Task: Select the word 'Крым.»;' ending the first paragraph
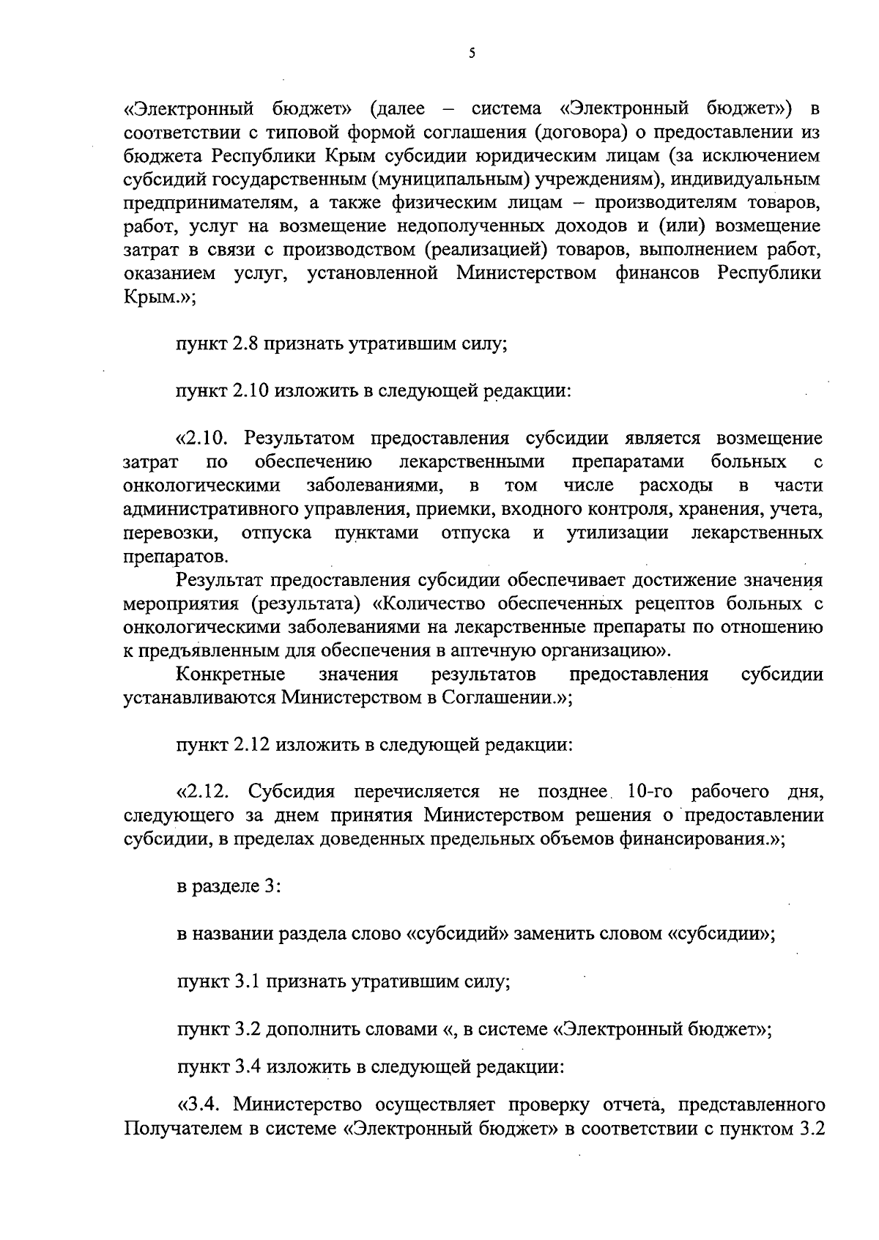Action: tap(159, 297)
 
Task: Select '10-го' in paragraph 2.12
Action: tap(648, 792)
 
